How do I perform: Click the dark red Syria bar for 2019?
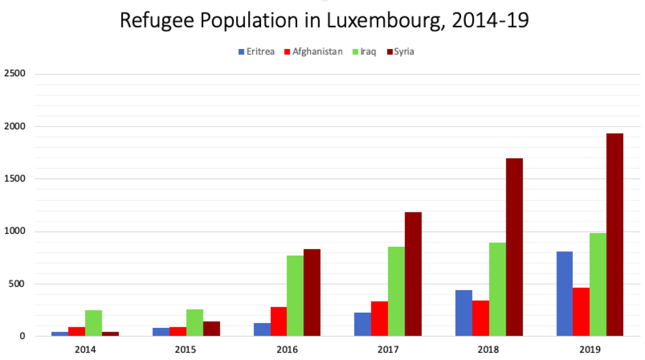(x=614, y=235)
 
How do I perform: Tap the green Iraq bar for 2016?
(x=295, y=296)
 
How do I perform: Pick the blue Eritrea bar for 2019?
(x=564, y=294)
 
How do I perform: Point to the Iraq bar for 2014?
(x=93, y=323)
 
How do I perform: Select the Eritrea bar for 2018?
(x=464, y=313)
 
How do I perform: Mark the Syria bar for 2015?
(x=211, y=328)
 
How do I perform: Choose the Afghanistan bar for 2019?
(x=581, y=312)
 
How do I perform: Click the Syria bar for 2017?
(x=413, y=274)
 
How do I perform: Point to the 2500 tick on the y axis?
(x=14, y=74)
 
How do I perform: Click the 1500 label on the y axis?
(x=14, y=179)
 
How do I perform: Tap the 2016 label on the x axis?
(x=287, y=349)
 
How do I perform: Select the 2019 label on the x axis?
(x=590, y=349)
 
